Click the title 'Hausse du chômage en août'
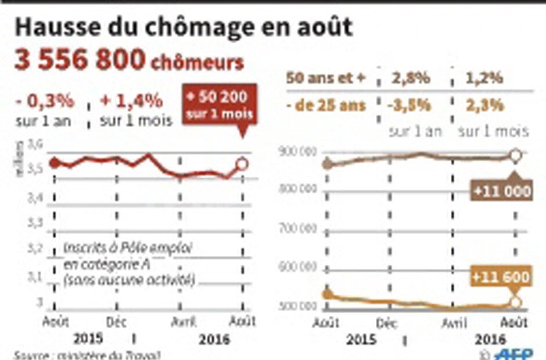(x=184, y=27)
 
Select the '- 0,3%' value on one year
(x=45, y=100)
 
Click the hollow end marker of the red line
(x=243, y=164)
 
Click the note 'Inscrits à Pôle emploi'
(x=128, y=247)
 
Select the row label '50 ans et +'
(x=326, y=79)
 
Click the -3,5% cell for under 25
(x=411, y=105)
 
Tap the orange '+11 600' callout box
(x=501, y=277)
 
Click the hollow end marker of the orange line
(x=515, y=302)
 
